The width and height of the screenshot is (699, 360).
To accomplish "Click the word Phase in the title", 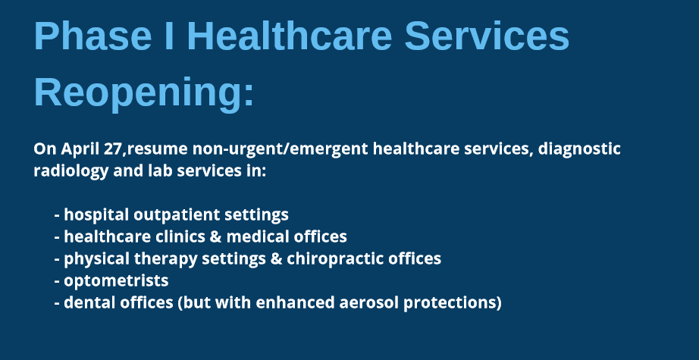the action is tap(92, 36).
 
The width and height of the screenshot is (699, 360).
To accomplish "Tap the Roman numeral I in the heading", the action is tap(169, 36).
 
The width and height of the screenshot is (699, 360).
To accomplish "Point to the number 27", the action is tap(112, 149).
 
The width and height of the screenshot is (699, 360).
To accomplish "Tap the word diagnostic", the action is tap(579, 149).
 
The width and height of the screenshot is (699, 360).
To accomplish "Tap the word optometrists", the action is tap(116, 281).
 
